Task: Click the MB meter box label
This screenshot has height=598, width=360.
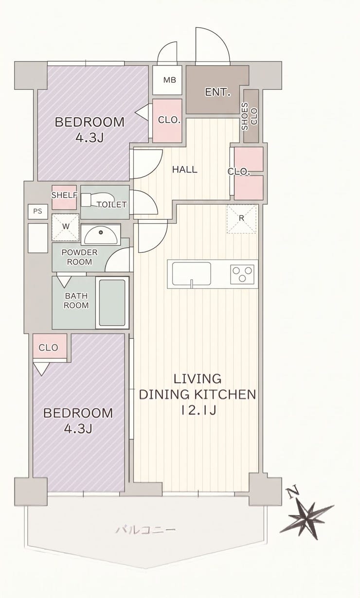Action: coord(170,80)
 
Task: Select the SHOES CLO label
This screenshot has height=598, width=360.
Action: coord(249,116)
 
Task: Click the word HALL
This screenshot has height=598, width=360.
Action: coord(184,169)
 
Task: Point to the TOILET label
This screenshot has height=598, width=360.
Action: coord(111,205)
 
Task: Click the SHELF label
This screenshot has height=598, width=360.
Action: coord(64,195)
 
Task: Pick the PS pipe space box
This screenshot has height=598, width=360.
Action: coord(38,211)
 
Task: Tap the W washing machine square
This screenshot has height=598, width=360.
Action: coord(65,227)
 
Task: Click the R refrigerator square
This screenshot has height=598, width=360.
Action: coord(241,219)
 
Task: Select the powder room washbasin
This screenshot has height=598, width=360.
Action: coord(101,234)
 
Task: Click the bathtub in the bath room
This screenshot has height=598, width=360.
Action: coord(112,303)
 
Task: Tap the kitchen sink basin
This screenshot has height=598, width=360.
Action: coord(191,274)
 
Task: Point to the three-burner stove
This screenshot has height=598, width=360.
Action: coord(242,274)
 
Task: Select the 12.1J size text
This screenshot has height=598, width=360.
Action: coord(198,410)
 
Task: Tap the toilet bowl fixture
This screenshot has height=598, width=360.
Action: coord(97,200)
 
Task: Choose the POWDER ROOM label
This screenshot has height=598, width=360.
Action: coord(79,257)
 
